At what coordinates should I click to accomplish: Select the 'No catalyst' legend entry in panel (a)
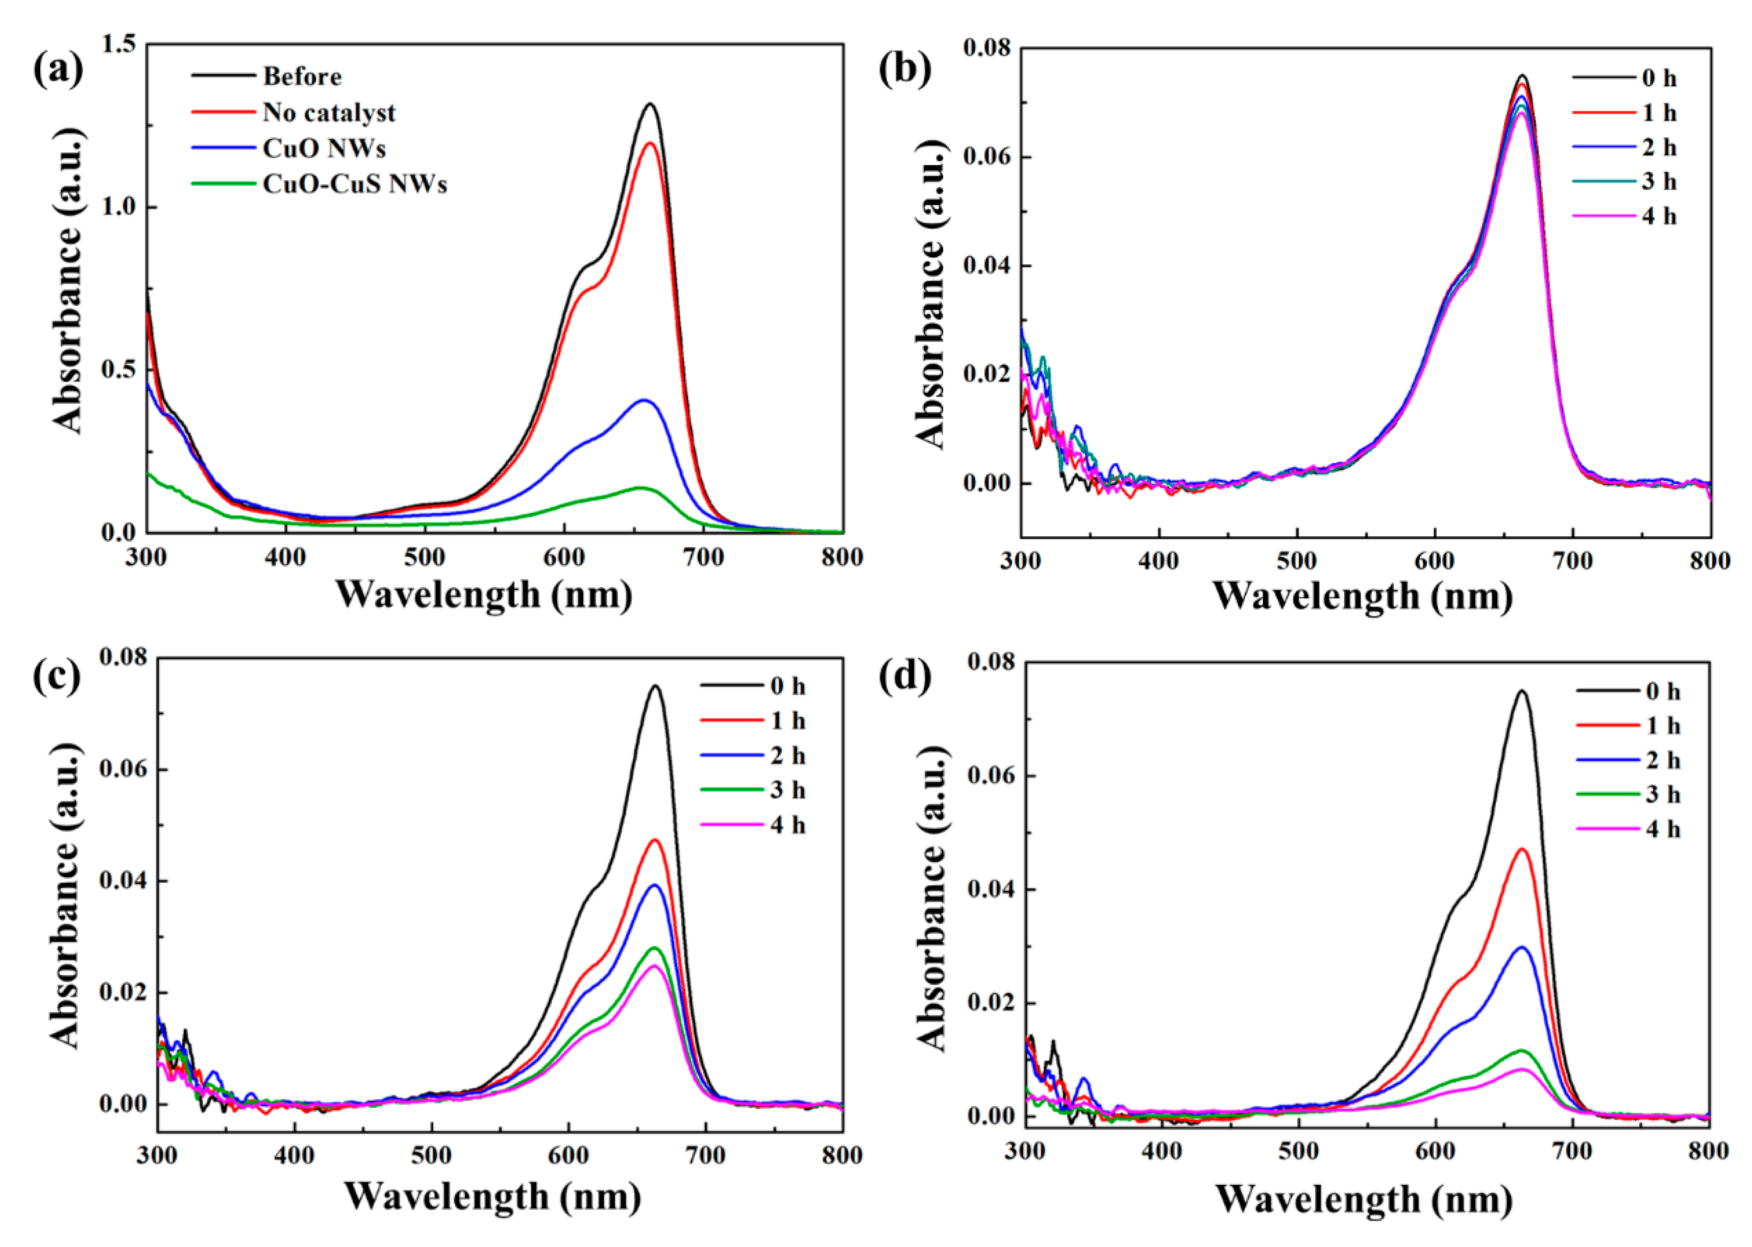[x=329, y=113]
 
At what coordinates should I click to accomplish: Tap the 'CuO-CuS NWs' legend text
[x=354, y=184]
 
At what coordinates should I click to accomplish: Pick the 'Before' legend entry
[x=302, y=77]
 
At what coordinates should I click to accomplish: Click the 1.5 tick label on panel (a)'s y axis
[x=118, y=44]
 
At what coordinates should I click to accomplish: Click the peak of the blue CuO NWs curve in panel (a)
[x=644, y=400]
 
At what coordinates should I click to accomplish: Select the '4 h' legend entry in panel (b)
[x=1659, y=216]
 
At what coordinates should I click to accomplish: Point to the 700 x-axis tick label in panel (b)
[x=1572, y=561]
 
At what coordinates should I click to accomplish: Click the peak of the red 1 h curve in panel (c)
[x=655, y=840]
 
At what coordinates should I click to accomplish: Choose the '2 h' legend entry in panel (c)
[x=787, y=756]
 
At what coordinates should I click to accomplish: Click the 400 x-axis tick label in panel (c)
[x=294, y=1156]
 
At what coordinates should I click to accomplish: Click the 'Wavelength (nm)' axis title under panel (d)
[x=1363, y=1199]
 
